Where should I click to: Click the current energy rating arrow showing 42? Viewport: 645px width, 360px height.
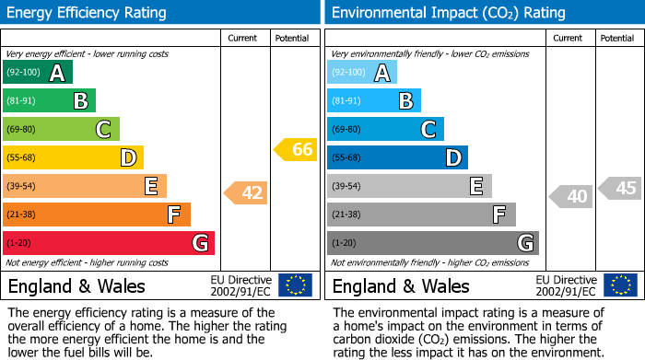[x=245, y=193]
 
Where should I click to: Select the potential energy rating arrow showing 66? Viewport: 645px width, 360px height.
[x=296, y=149]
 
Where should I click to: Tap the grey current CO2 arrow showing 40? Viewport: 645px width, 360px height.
[x=571, y=196]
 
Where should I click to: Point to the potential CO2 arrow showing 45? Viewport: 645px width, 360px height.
[x=620, y=189]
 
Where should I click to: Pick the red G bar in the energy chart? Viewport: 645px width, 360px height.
[x=108, y=243]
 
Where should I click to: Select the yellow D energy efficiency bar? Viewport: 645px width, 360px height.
[x=73, y=158]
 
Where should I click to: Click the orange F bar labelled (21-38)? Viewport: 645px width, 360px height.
[x=96, y=215]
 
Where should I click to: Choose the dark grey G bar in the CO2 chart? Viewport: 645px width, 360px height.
[x=432, y=243]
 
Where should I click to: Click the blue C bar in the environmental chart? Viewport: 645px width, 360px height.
[x=385, y=130]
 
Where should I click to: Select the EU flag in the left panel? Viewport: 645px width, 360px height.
[x=296, y=285]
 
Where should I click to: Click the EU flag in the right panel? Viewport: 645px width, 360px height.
[x=620, y=285]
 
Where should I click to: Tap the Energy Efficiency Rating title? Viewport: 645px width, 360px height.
[x=88, y=13]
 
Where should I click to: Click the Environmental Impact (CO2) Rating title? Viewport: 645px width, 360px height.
[x=448, y=13]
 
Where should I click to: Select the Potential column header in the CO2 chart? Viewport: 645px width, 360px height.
[x=617, y=39]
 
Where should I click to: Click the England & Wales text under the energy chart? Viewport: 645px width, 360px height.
[x=76, y=285]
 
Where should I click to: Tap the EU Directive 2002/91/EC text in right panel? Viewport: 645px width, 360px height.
[x=566, y=285]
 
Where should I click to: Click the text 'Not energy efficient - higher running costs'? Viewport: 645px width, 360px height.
[x=88, y=262]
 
